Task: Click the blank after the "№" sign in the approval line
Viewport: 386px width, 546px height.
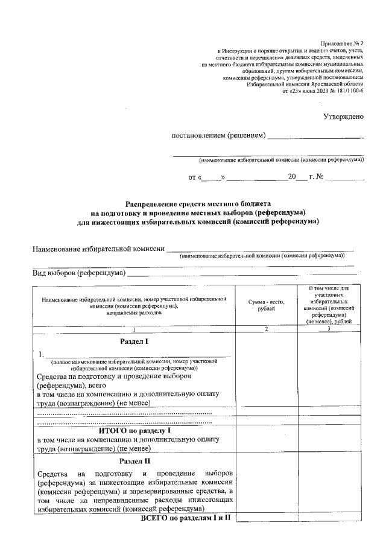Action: tap(346, 179)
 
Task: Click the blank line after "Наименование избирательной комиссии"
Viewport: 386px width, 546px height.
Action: tap(259, 249)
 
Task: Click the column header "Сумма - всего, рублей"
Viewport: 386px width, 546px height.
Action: tap(265, 305)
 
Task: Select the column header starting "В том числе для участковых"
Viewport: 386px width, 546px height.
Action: tap(329, 305)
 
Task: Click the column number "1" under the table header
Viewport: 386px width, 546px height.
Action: tap(134, 329)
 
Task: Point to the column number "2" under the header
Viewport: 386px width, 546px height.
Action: tap(265, 329)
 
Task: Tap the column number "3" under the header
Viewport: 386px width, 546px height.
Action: tap(329, 329)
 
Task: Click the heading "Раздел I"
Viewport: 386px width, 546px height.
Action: tap(134, 341)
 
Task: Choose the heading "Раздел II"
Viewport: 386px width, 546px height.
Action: tap(134, 462)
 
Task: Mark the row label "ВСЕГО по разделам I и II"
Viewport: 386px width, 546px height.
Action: tap(186, 518)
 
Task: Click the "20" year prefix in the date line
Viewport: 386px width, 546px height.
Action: tap(293, 178)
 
